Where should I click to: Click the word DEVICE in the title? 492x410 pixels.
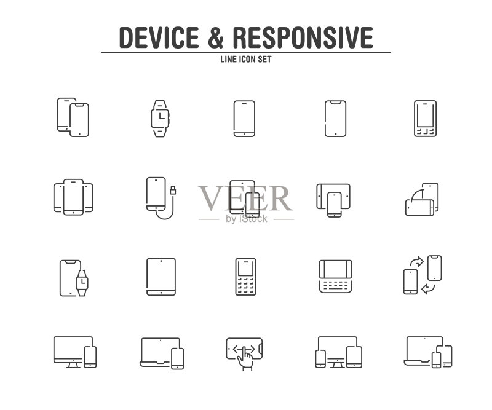[x=159, y=37]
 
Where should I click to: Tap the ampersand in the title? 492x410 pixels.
[x=216, y=37]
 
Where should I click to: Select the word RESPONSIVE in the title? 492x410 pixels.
[x=303, y=37]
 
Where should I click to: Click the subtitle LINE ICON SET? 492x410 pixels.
[x=245, y=59]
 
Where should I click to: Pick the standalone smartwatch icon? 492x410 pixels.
[x=161, y=119]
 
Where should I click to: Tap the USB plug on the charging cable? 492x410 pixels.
[x=173, y=190]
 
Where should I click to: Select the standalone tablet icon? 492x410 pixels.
[x=161, y=277]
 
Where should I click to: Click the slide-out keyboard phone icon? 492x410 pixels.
[x=335, y=277]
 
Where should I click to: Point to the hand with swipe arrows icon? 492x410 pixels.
[x=244, y=354]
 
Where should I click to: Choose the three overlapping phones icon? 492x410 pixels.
[x=73, y=197]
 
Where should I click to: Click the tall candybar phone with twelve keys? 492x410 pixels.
[x=245, y=277]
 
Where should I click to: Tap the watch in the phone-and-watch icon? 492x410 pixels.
[x=82, y=283]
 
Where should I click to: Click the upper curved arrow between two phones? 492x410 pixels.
[x=417, y=262]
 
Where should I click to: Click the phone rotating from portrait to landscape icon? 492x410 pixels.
[x=422, y=200]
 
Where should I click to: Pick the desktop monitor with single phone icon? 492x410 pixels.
[x=75, y=352]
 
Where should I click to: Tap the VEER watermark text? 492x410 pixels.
[x=245, y=199]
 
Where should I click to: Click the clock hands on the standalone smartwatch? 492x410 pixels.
[x=161, y=116]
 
